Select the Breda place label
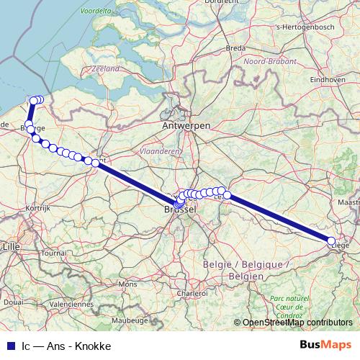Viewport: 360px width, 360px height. (x=236, y=48)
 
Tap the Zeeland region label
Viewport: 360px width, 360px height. (x=105, y=68)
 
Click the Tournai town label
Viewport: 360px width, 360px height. (x=53, y=253)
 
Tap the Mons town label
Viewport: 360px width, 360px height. (x=127, y=284)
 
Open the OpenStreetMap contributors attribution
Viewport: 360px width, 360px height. (x=297, y=323)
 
